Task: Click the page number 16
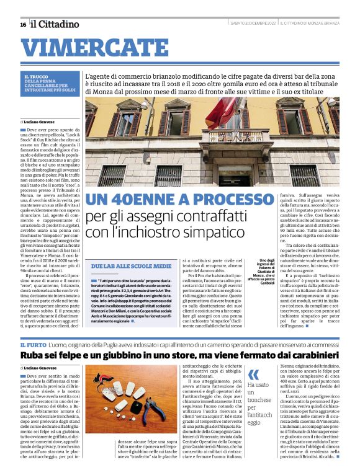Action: [23, 24]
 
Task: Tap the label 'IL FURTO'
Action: [32, 344]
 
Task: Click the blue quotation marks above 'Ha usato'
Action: [253, 375]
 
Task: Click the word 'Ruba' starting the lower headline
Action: [32, 356]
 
